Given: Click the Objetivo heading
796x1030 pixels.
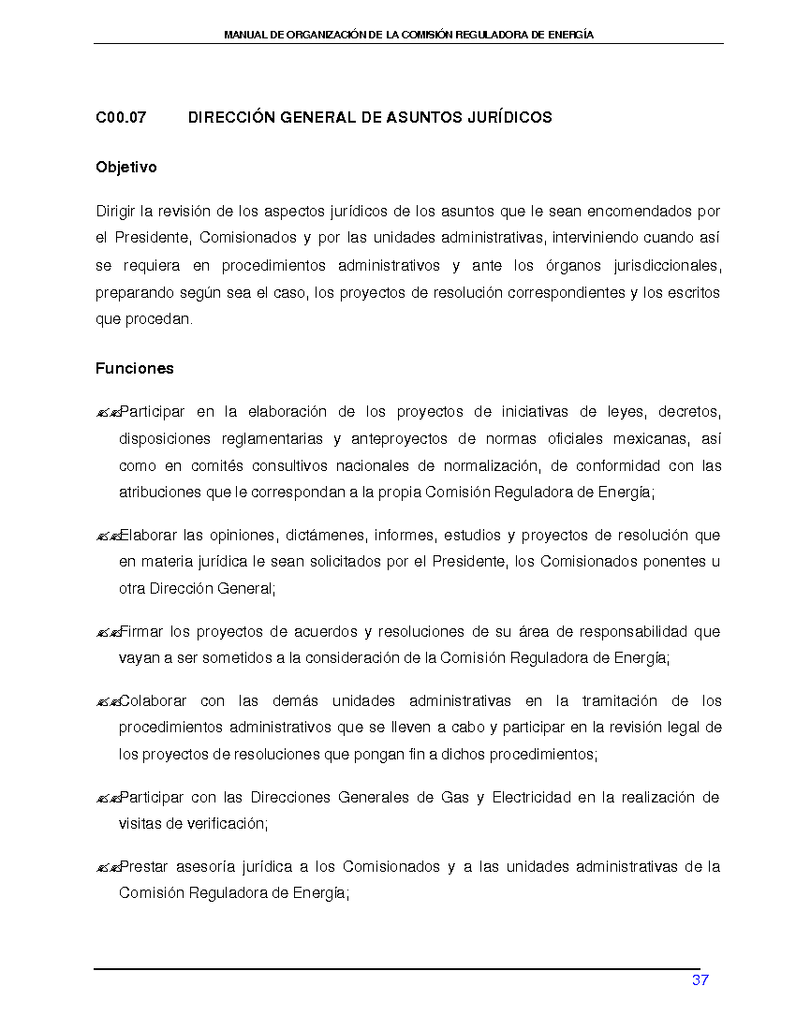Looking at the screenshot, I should coord(126,168).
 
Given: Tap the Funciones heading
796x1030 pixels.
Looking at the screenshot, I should coord(135,369).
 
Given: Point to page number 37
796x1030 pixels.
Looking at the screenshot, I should coord(700,980).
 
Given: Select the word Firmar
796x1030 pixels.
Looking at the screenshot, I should coord(142,632).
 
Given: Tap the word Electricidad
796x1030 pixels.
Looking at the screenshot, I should coord(531,798).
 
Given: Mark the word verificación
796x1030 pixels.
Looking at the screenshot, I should coord(228,824).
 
